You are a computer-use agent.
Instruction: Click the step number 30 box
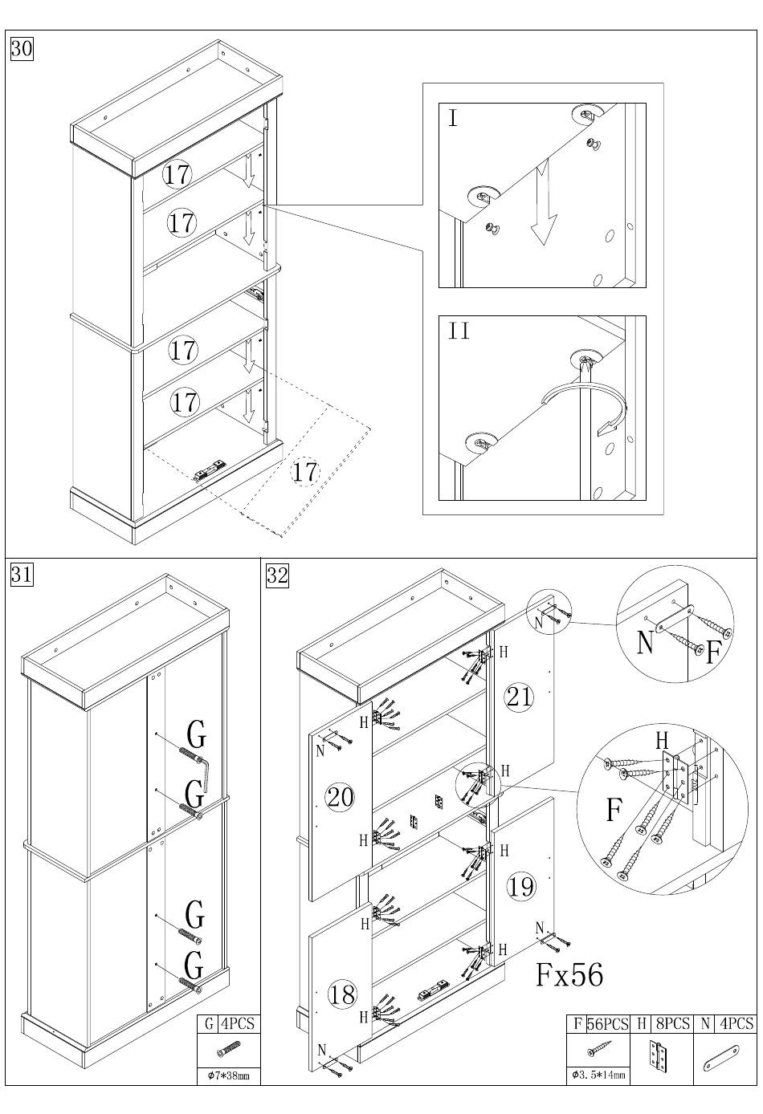pos(21,49)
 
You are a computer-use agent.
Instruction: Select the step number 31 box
pos(21,575)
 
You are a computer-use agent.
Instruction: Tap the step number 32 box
pos(277,575)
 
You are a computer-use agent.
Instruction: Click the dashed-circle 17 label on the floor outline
pos(304,472)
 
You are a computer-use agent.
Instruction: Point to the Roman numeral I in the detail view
pos(453,119)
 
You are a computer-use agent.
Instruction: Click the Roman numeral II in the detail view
pos(459,331)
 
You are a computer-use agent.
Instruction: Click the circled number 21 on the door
pos(519,696)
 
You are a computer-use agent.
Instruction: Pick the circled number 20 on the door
pos(340,797)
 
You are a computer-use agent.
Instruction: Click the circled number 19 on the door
pos(520,886)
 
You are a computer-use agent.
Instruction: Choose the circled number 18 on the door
pos(341,994)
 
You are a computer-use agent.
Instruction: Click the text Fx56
pos(569,974)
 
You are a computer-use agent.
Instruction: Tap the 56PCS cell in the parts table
pos(606,1024)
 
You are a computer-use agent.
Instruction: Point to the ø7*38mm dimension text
pos(228,1075)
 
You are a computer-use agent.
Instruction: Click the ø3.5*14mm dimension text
pos(598,1075)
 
